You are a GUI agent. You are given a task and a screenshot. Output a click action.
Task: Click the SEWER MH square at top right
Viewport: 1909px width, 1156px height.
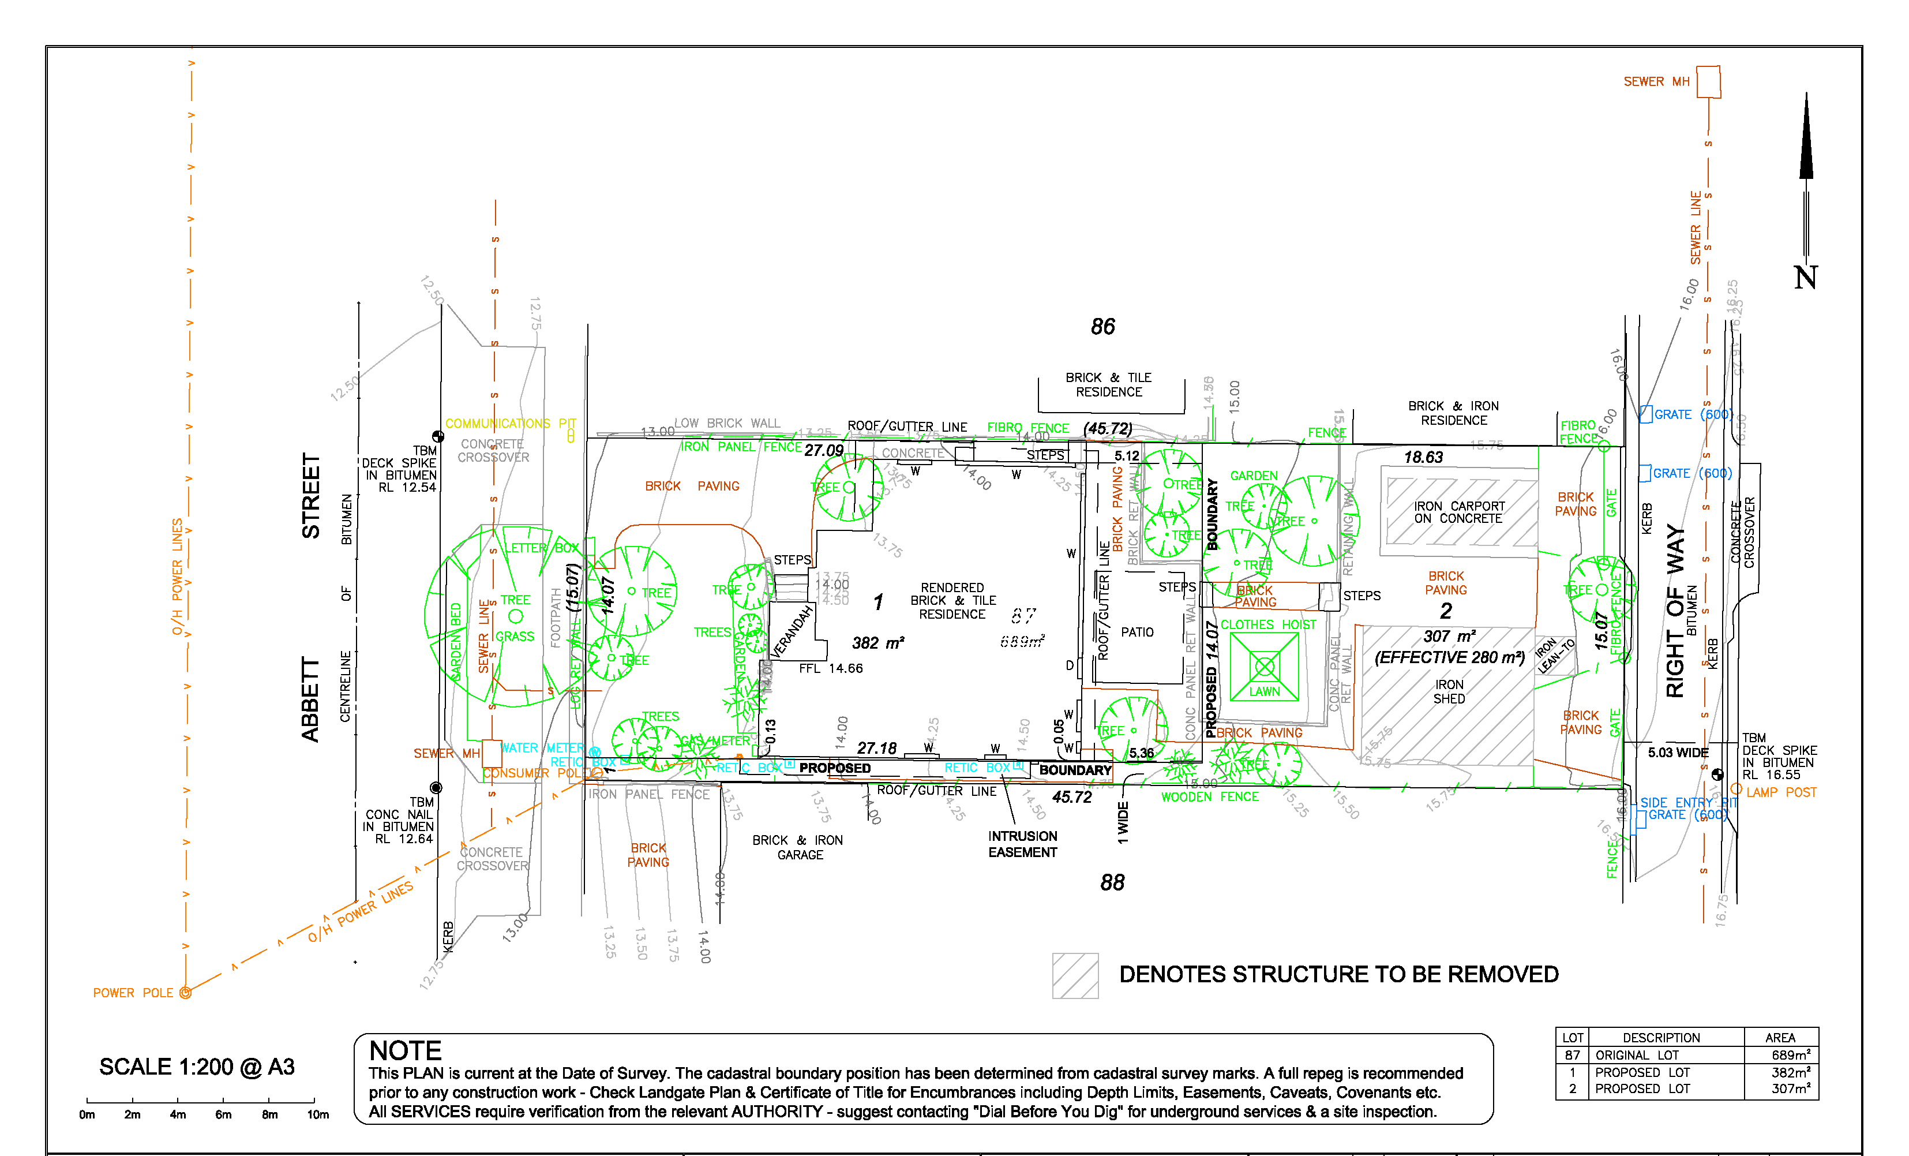1708,82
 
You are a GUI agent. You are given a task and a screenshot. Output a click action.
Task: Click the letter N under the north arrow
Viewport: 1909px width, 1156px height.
1805,278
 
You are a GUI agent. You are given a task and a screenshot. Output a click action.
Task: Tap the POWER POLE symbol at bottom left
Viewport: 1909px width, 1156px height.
185,993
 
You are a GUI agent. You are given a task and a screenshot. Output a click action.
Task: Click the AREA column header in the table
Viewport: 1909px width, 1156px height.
1780,1038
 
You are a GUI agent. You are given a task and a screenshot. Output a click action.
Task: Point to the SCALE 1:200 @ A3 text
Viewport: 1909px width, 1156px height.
197,1067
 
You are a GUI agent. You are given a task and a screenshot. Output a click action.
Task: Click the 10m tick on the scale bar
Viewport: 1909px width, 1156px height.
314,1100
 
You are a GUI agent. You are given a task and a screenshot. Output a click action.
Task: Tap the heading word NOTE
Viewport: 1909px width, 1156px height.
405,1050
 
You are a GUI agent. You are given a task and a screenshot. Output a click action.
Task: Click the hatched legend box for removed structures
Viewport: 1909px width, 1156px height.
1075,975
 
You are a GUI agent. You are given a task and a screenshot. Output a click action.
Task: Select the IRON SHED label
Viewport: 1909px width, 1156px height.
1449,691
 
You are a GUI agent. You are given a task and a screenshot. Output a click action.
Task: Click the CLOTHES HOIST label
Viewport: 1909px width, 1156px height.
1267,624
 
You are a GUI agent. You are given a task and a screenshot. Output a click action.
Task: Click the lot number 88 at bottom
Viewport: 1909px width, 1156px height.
1112,882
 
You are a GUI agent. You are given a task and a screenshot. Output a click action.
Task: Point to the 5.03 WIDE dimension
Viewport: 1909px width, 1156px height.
1677,753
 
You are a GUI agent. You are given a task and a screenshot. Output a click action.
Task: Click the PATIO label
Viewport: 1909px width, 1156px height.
1137,632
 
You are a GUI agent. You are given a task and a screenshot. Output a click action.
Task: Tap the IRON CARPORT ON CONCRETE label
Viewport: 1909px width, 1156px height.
1459,512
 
